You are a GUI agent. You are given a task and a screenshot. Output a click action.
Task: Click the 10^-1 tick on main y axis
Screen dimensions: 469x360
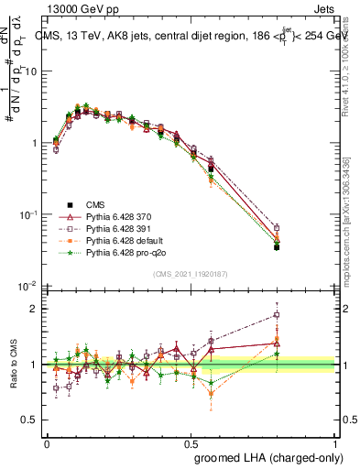coord(30,214)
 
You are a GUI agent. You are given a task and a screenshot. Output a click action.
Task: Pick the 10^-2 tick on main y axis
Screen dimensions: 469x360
coord(30,286)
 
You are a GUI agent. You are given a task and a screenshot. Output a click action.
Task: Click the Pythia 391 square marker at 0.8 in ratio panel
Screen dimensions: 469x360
coord(277,315)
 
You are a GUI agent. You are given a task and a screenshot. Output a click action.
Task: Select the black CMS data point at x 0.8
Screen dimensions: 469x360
coord(277,247)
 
